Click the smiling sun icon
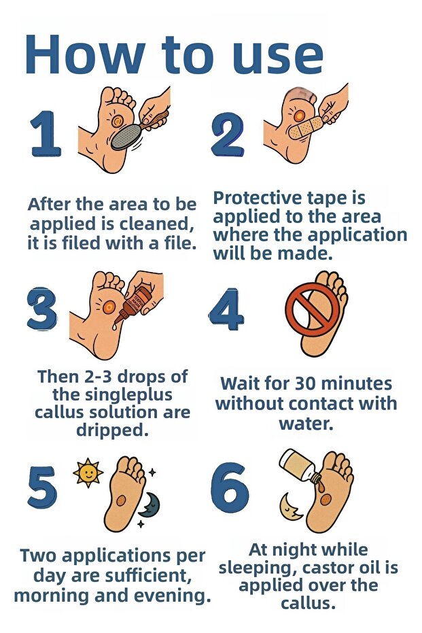pyautogui.click(x=88, y=472)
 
